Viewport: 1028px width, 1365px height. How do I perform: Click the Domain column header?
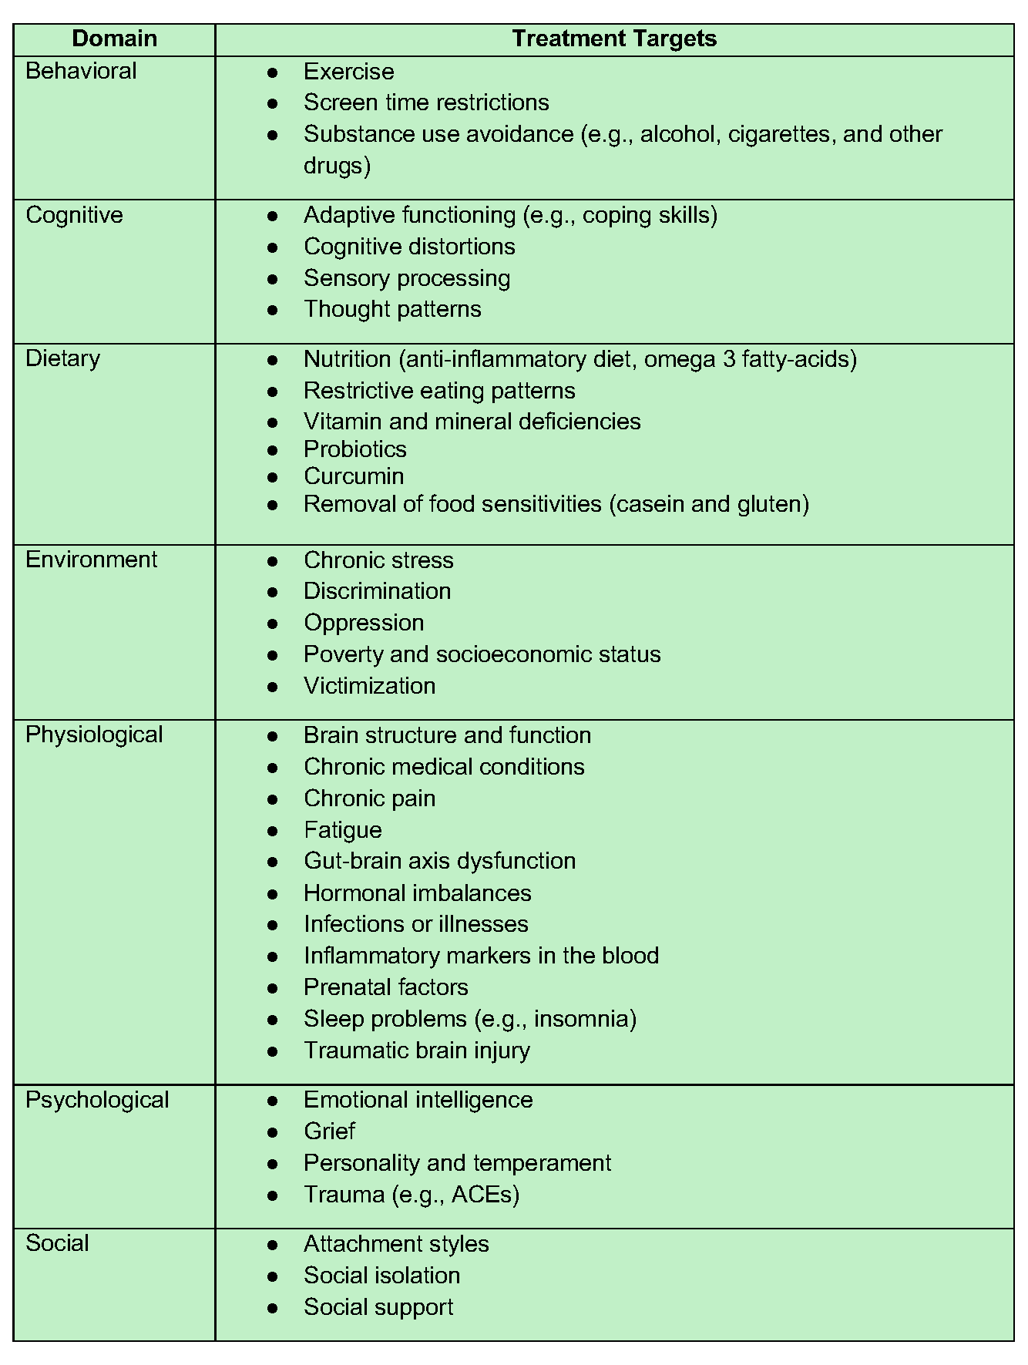tap(114, 39)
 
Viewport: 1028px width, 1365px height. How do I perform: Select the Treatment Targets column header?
tap(614, 39)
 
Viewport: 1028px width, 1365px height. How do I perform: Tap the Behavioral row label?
tap(81, 71)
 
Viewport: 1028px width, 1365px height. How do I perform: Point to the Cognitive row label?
tap(74, 215)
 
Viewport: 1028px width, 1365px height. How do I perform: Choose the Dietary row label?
tap(62, 358)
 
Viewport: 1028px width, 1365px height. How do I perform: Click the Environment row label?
tap(91, 560)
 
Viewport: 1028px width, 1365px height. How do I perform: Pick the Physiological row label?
tap(94, 735)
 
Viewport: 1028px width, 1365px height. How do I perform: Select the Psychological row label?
tap(97, 1100)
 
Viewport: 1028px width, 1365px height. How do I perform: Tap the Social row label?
tap(57, 1243)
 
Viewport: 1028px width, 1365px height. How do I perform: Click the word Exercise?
tap(348, 72)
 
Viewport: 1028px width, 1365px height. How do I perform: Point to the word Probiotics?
tap(354, 449)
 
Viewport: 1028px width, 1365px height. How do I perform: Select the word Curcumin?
tap(354, 476)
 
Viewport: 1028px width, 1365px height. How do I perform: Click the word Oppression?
tap(364, 623)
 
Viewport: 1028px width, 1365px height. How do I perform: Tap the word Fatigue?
tap(342, 830)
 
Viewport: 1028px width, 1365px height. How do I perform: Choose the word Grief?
tap(329, 1131)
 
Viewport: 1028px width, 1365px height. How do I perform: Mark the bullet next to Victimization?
tap(272, 687)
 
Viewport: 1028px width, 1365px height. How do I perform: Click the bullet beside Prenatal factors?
tap(272, 988)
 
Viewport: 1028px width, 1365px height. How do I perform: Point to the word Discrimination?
tap(377, 591)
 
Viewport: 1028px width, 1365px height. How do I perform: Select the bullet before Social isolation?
tap(272, 1276)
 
